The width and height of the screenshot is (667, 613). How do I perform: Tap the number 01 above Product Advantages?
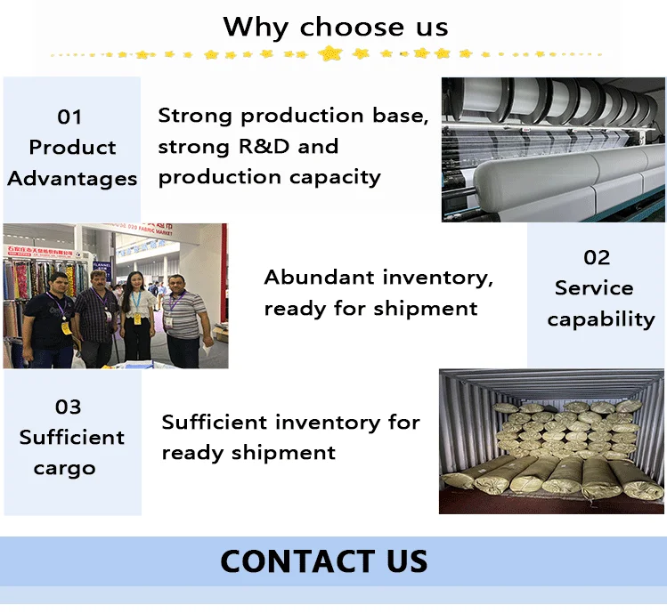tap(69, 117)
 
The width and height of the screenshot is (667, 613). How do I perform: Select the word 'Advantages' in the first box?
tap(72, 178)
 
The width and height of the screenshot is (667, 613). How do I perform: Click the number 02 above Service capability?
tap(597, 258)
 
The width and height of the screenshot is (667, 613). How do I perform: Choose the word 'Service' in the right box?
tap(594, 288)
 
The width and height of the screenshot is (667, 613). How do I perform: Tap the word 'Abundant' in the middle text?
tap(318, 278)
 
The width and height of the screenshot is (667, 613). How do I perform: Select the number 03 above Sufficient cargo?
tap(69, 407)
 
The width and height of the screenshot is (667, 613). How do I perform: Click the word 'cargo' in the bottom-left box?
tap(64, 468)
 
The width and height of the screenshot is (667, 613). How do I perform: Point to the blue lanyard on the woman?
tap(136, 302)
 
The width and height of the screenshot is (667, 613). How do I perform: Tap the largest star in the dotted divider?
tap(330, 53)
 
